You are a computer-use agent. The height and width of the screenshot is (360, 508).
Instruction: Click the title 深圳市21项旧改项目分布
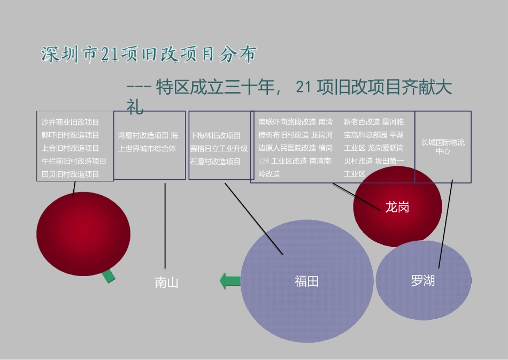coord(149,55)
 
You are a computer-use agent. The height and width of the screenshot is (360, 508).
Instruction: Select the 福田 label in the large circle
coord(306,281)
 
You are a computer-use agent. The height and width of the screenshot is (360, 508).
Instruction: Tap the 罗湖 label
coord(422,280)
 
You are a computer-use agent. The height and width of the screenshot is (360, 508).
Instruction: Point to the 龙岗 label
coord(397,207)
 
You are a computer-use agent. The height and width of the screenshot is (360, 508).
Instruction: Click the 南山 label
coord(166,282)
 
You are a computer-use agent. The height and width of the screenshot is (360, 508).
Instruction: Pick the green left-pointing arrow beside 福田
coord(230,281)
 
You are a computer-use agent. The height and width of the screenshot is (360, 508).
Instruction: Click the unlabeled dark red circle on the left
coord(83,234)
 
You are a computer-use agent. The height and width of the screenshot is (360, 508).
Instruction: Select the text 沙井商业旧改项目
coord(70,122)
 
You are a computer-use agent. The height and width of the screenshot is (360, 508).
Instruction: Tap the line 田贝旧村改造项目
coord(70,174)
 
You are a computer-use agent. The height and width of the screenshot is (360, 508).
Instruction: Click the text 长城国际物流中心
coord(443,147)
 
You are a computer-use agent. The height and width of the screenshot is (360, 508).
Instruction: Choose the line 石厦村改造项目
coord(215,161)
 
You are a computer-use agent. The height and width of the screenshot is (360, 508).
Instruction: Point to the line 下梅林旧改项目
coord(215,135)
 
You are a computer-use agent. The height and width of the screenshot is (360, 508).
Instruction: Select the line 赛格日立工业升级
coord(219,148)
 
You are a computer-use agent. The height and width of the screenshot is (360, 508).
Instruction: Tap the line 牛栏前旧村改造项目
coord(74,161)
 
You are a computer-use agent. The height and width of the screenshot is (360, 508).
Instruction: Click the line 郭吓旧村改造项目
coord(70,135)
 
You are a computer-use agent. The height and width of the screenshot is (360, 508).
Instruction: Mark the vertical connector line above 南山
coord(165,225)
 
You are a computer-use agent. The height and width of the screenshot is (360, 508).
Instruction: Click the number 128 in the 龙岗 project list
coord(264,161)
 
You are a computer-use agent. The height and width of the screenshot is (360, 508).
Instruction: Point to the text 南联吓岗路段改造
coord(287,122)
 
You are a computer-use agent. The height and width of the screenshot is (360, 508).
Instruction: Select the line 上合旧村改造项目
coord(70,148)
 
